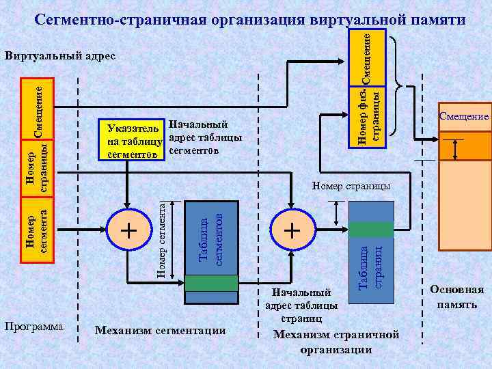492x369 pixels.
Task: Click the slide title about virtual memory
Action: pyautogui.click(x=249, y=19)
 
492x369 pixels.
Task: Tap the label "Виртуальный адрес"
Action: pyautogui.click(x=60, y=55)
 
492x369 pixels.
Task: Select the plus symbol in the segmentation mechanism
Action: pyautogui.click(x=128, y=230)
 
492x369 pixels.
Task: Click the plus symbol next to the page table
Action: pyautogui.click(x=292, y=230)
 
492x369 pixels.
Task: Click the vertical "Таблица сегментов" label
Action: pyautogui.click(x=211, y=236)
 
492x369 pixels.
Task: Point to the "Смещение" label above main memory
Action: pyautogui.click(x=463, y=116)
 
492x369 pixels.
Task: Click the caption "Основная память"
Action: pyautogui.click(x=457, y=297)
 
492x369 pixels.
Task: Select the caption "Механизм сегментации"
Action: pyautogui.click(x=160, y=331)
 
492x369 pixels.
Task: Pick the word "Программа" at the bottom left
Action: pyautogui.click(x=35, y=326)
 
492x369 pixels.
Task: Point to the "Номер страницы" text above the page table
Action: pyautogui.click(x=351, y=185)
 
